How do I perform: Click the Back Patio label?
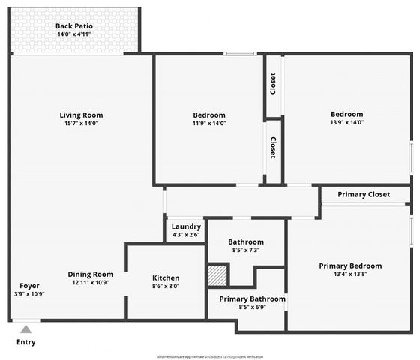[x=73, y=26]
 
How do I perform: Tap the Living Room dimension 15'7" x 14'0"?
[x=81, y=124]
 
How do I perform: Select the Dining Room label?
[x=91, y=274]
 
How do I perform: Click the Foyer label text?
[x=30, y=286]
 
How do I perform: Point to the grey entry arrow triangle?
[x=25, y=328]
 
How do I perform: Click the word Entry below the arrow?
[x=25, y=342]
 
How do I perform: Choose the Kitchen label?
[x=166, y=277]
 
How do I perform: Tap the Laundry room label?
[x=186, y=226]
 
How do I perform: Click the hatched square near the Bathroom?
[x=217, y=274]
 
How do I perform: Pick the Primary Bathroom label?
[x=252, y=298]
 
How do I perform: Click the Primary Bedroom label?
[x=350, y=265]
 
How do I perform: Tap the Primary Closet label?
[x=364, y=195]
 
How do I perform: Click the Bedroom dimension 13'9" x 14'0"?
[x=346, y=123]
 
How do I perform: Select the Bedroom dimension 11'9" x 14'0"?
[x=208, y=124]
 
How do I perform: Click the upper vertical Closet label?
[x=273, y=84]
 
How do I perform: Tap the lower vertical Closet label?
[x=273, y=147]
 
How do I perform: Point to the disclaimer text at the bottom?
[x=209, y=356]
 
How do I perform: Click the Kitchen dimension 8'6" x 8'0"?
[x=166, y=286]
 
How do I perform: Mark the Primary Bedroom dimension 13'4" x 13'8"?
[x=350, y=274]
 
